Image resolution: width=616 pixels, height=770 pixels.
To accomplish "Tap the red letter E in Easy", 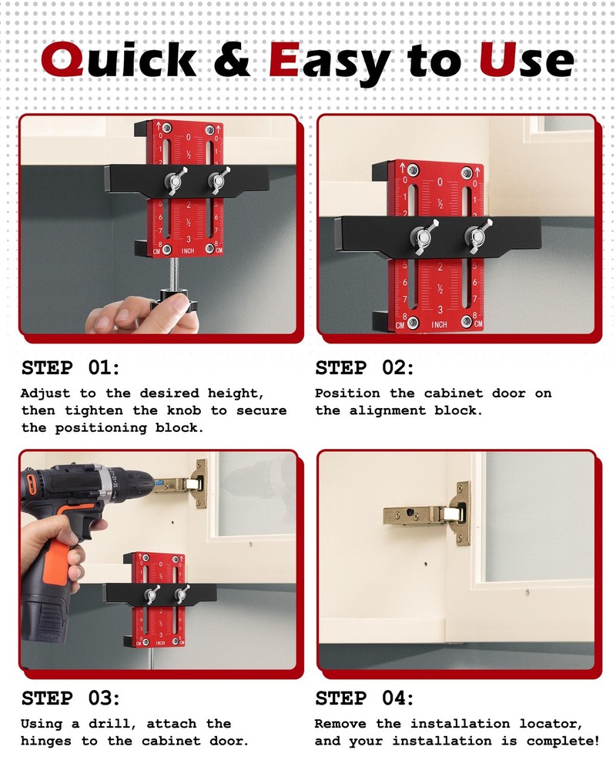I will (283, 59).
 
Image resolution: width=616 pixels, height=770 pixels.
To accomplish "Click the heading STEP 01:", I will (71, 367).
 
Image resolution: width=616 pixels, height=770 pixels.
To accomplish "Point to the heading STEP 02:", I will (364, 367).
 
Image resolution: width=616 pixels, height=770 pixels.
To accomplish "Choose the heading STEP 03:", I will (71, 698).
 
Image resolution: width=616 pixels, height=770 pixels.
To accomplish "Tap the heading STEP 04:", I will (364, 698).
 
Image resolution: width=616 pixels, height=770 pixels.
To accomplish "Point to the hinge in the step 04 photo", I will (431, 514).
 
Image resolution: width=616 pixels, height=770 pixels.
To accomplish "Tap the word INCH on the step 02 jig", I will (439, 325).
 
